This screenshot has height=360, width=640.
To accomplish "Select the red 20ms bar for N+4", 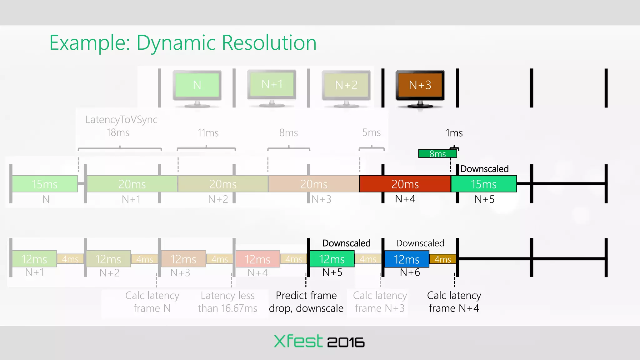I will pyautogui.click(x=405, y=184).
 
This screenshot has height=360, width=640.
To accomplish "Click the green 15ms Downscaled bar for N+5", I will pyautogui.click(x=484, y=184).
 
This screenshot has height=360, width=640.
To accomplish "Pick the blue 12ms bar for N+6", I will pyautogui.click(x=406, y=259).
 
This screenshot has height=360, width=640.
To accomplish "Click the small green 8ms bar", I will pyautogui.click(x=437, y=154).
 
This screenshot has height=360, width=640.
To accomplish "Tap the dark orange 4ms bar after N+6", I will pyautogui.click(x=442, y=259).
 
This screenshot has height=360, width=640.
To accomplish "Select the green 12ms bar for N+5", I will pyautogui.click(x=332, y=259).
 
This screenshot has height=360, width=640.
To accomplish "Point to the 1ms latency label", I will pyautogui.click(x=454, y=133).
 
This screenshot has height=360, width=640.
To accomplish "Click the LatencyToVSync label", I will pyautogui.click(x=121, y=119).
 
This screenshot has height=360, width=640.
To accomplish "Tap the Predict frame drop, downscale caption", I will pyautogui.click(x=306, y=302).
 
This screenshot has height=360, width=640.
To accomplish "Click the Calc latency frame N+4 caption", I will pyautogui.click(x=454, y=302).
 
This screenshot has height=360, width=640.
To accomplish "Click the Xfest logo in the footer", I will pyautogui.click(x=298, y=341).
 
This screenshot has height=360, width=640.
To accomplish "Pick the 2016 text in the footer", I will pyautogui.click(x=346, y=342).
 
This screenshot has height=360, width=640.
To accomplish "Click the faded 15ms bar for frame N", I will pyautogui.click(x=45, y=184).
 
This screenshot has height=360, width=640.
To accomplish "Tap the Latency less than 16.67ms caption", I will pyautogui.click(x=227, y=302).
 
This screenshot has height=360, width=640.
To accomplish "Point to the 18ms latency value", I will pyautogui.click(x=118, y=133).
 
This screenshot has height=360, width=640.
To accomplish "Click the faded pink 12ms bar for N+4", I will pyautogui.click(x=257, y=259).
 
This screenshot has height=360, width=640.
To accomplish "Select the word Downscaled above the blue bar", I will pyautogui.click(x=420, y=243).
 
